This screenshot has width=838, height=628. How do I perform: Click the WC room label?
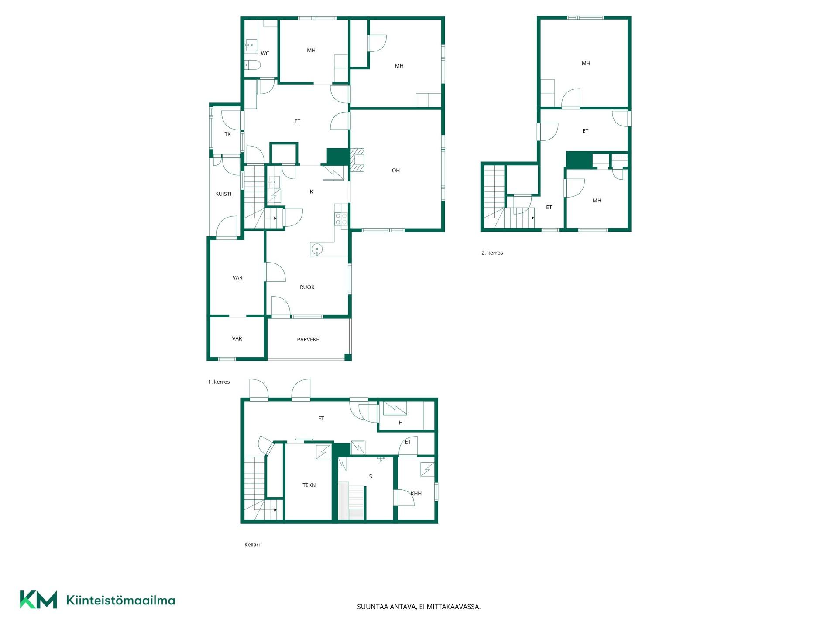tap(265, 54)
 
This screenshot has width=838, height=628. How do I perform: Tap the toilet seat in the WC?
tap(253, 65)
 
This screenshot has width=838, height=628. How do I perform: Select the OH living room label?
tap(396, 171)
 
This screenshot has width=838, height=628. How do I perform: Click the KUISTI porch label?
tap(223, 194)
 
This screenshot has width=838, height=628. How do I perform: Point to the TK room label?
tap(227, 134)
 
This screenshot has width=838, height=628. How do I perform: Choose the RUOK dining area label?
tap(307, 287)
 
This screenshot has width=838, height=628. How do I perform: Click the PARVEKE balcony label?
tap(308, 340)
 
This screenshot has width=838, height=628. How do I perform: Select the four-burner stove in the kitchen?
tap(341, 219)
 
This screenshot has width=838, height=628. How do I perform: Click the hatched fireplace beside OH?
tap(357, 160)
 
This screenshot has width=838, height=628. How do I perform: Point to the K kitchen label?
tap(311, 191)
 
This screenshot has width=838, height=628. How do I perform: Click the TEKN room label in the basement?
tap(309, 485)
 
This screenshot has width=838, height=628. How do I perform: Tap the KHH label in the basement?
tap(416, 494)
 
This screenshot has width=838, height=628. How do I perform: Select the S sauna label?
tap(371, 476)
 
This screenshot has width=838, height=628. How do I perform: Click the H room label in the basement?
tap(400, 423)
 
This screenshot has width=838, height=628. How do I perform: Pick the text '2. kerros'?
tap(492, 253)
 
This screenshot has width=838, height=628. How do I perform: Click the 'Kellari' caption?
tap(252, 545)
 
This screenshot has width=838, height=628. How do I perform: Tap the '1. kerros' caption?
tap(219, 382)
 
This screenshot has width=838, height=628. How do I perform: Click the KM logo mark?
tap(38, 600)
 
